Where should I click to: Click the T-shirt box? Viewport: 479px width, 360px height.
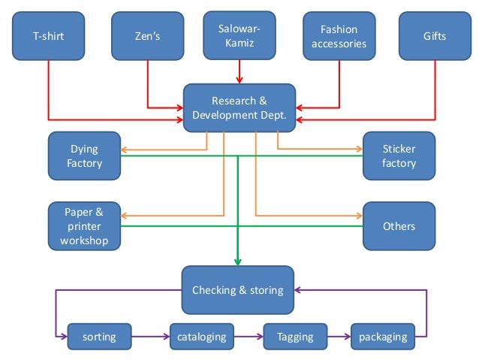coord(48,36)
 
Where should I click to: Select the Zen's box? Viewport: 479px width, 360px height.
coord(147,36)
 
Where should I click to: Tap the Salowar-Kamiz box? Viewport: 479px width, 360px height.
coord(239,36)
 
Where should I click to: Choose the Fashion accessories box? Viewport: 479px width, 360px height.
coord(339,36)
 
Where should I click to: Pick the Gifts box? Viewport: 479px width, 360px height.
coord(435,36)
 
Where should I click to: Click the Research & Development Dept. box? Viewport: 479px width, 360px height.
coord(239,108)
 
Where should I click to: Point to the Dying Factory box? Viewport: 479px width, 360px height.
coord(84,156)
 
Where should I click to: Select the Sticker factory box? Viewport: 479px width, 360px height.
coord(399,156)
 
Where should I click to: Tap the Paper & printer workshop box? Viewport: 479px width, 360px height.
coord(84,226)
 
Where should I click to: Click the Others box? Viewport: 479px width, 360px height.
coord(399,226)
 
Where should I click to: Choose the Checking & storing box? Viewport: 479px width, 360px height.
coord(237,290)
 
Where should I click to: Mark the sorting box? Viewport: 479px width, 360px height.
coord(99,337)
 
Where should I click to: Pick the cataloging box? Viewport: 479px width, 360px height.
coord(201,337)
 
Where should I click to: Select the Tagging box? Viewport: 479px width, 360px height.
coord(295,337)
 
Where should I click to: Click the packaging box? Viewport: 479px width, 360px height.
coord(383,337)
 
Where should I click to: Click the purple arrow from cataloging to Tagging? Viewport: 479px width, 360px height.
coord(249,337)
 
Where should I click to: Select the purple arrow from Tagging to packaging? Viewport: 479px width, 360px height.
coord(339,337)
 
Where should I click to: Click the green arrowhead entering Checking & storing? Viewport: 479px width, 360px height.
coord(238,261)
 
